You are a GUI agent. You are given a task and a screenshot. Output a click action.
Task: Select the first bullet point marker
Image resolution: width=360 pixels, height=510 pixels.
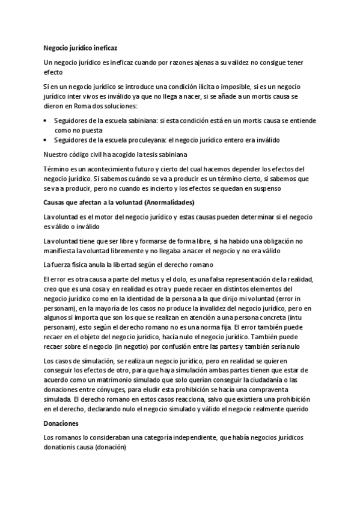46,121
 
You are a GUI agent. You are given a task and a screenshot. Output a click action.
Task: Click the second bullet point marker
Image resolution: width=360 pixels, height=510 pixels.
46,140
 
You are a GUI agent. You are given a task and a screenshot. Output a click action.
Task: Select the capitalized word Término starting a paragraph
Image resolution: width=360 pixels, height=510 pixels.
58,169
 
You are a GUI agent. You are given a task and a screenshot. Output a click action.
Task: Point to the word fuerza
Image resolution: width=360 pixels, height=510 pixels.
63,265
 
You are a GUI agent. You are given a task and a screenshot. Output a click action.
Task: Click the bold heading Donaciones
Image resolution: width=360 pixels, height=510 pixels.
62,423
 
